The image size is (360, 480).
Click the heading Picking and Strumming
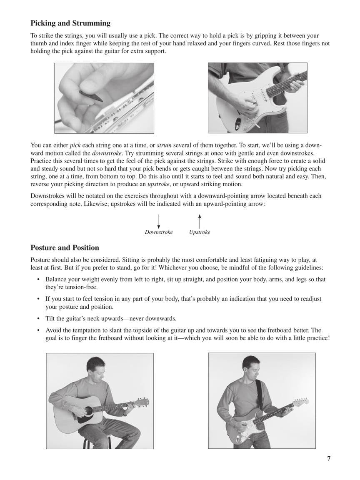(x=70, y=23)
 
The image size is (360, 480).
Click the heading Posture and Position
(x=65, y=247)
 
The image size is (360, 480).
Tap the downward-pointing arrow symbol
(x=159, y=221)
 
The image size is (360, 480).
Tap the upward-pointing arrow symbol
(x=200, y=221)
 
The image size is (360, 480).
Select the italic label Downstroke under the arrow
(x=159, y=232)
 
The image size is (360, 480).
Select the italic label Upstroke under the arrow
(x=200, y=232)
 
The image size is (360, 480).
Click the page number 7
(x=329, y=458)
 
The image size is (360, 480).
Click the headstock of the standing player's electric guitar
(x=301, y=402)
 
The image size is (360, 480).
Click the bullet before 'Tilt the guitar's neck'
(x=38, y=319)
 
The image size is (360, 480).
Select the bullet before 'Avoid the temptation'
(x=38, y=330)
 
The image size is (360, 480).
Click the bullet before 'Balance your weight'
(x=38, y=280)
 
